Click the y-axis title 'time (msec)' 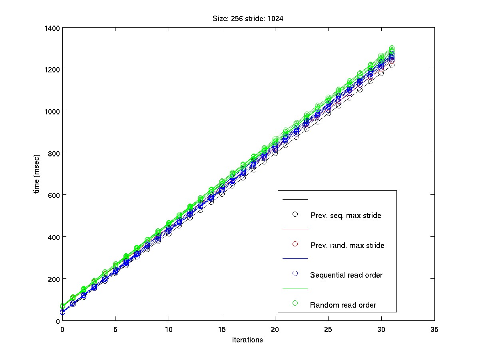click(x=37, y=174)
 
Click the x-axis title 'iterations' click(x=247, y=340)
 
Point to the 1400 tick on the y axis click(x=52, y=28)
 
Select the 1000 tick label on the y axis click(x=52, y=111)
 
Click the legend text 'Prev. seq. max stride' click(x=346, y=216)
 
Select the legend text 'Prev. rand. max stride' click(x=347, y=245)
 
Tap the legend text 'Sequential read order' click(x=346, y=275)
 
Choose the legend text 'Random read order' click(x=343, y=305)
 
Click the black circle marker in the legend click(x=295, y=214)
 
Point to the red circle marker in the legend click(x=295, y=244)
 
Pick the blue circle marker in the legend click(x=295, y=274)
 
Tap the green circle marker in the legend click(x=295, y=303)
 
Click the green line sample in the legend click(x=295, y=288)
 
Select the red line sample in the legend click(x=295, y=229)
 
